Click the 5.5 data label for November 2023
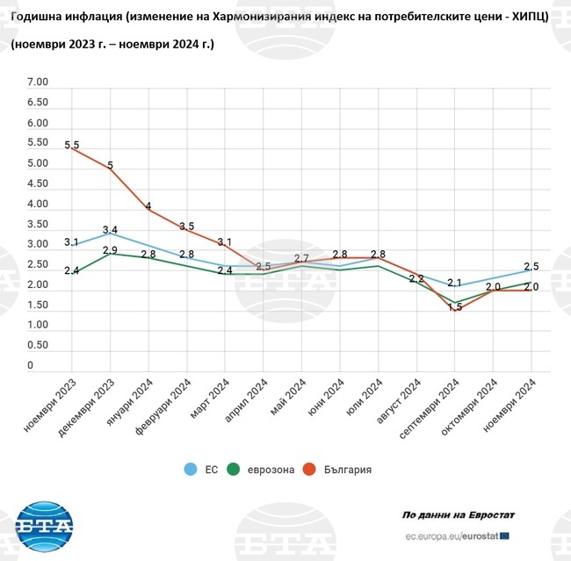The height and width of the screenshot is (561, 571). (71, 145)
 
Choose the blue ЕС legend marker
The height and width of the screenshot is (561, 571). (190, 470)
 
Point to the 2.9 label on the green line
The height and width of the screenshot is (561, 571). (110, 250)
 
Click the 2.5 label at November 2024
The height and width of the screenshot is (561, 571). (531, 267)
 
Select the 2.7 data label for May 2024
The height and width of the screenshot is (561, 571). (301, 258)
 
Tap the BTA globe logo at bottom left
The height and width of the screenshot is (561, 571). (44, 527)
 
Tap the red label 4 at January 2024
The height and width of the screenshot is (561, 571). (148, 207)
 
